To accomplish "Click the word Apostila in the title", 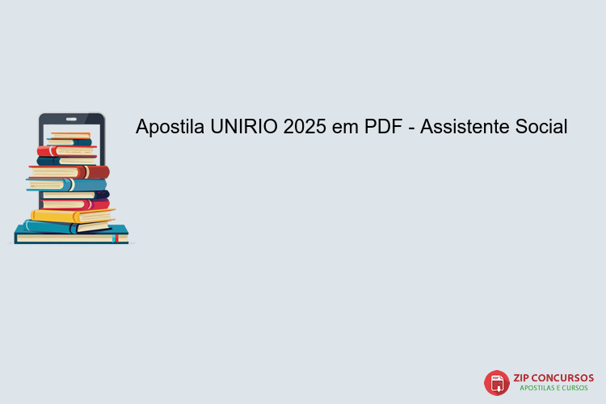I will click(x=170, y=127).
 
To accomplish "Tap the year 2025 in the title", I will click(x=305, y=127).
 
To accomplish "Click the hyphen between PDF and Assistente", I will click(x=413, y=128).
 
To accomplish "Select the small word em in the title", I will click(x=346, y=127).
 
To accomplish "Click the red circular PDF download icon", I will click(x=496, y=382).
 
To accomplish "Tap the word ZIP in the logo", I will click(x=523, y=377).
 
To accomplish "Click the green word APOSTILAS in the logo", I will click(x=539, y=389).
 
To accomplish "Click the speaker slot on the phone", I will click(x=71, y=118).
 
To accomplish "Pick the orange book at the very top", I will click(x=70, y=134).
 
